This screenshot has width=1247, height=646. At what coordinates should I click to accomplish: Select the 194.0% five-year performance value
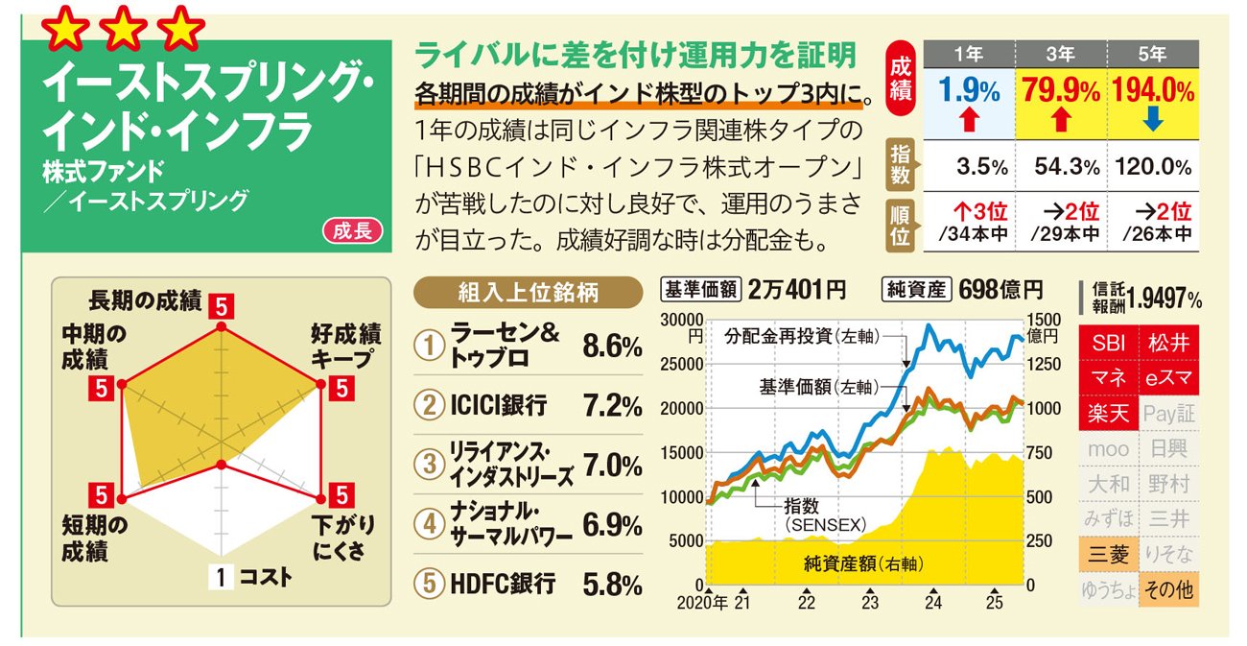coord(1154,91)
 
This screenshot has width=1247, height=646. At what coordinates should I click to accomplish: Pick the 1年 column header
coord(969,54)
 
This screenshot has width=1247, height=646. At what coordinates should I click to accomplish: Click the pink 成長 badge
coord(353,230)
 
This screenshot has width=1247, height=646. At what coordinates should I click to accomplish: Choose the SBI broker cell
coord(1108,343)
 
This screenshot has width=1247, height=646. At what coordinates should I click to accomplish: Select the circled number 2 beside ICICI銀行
coord(429,405)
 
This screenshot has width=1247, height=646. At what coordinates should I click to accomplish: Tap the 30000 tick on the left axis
coord(682,320)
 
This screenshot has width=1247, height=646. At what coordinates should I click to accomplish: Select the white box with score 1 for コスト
coord(221,577)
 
